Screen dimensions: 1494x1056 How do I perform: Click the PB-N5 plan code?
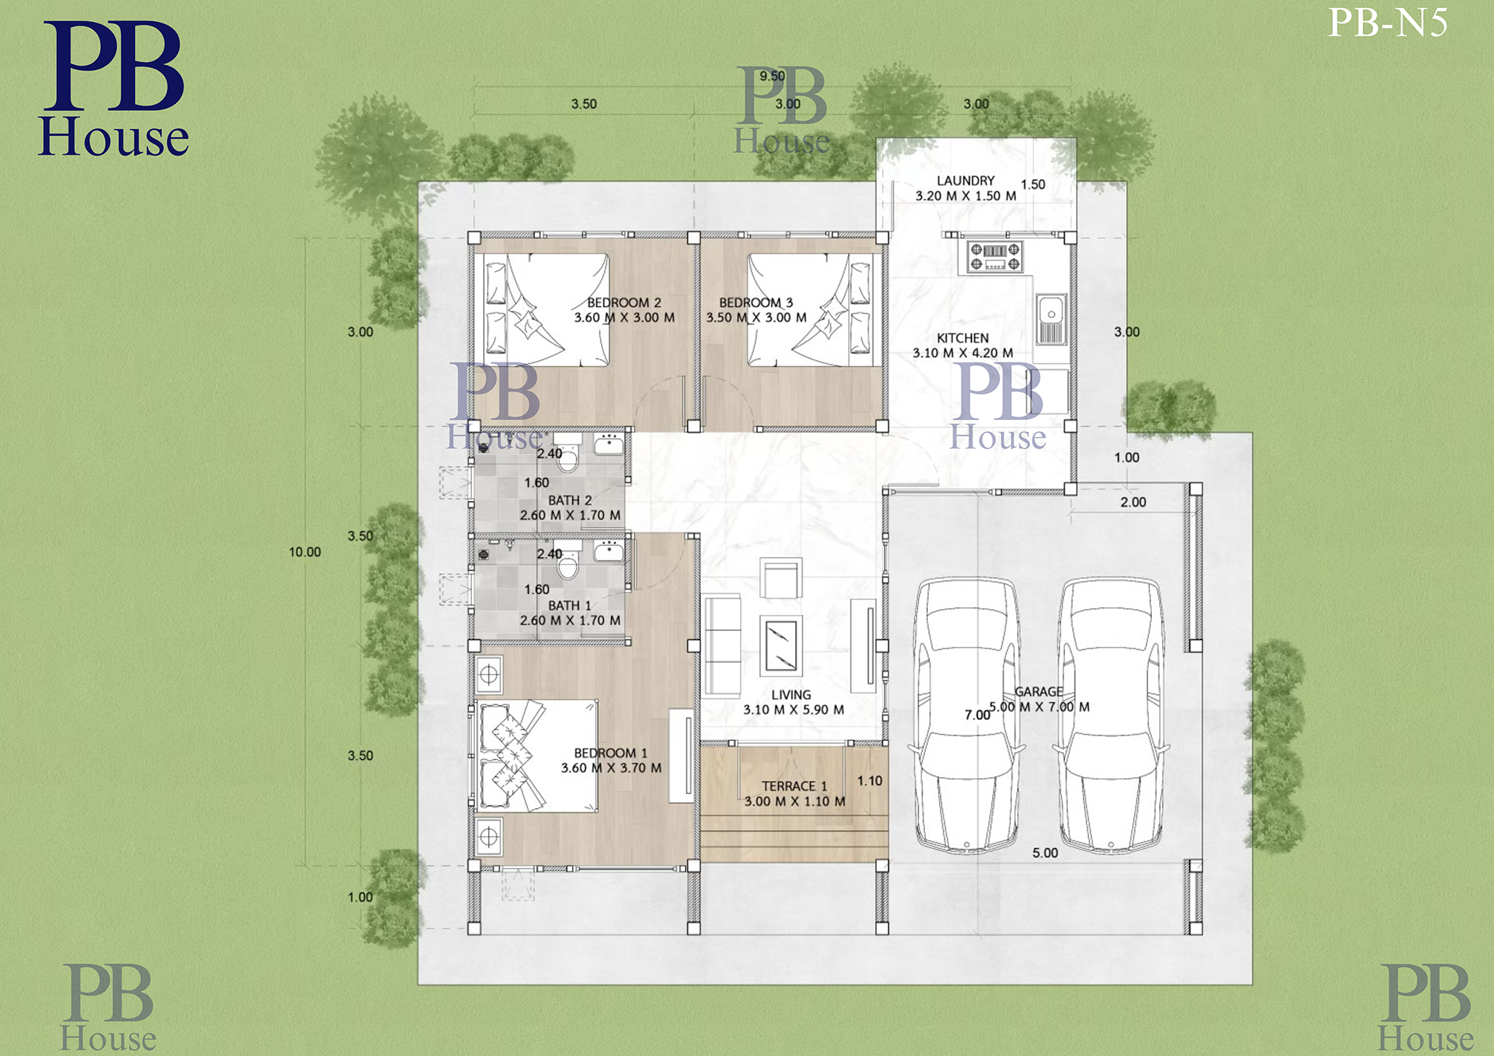[1387, 23]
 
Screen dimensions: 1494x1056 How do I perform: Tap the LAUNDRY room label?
[965, 180]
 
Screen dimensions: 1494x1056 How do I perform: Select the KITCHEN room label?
[963, 338]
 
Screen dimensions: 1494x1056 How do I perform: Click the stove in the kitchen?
[995, 257]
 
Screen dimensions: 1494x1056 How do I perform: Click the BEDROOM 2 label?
[624, 302]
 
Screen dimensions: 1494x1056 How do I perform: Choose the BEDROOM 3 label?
[756, 302]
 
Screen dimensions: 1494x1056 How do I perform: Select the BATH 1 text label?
[570, 605]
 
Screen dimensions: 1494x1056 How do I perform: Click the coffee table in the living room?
[781, 645]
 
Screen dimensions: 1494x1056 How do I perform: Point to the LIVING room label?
[791, 695]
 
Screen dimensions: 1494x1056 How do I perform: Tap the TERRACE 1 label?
[794, 786]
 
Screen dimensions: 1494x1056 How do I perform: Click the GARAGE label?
[1039, 691]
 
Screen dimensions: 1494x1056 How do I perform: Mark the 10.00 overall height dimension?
[305, 552]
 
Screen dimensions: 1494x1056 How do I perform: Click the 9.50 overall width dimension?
[772, 76]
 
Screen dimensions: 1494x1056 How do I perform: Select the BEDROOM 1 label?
[611, 753]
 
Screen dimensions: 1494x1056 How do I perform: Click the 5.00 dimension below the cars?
[1045, 853]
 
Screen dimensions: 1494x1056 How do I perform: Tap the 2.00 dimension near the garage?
[1133, 502]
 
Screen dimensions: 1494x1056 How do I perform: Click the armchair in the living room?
[781, 578]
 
